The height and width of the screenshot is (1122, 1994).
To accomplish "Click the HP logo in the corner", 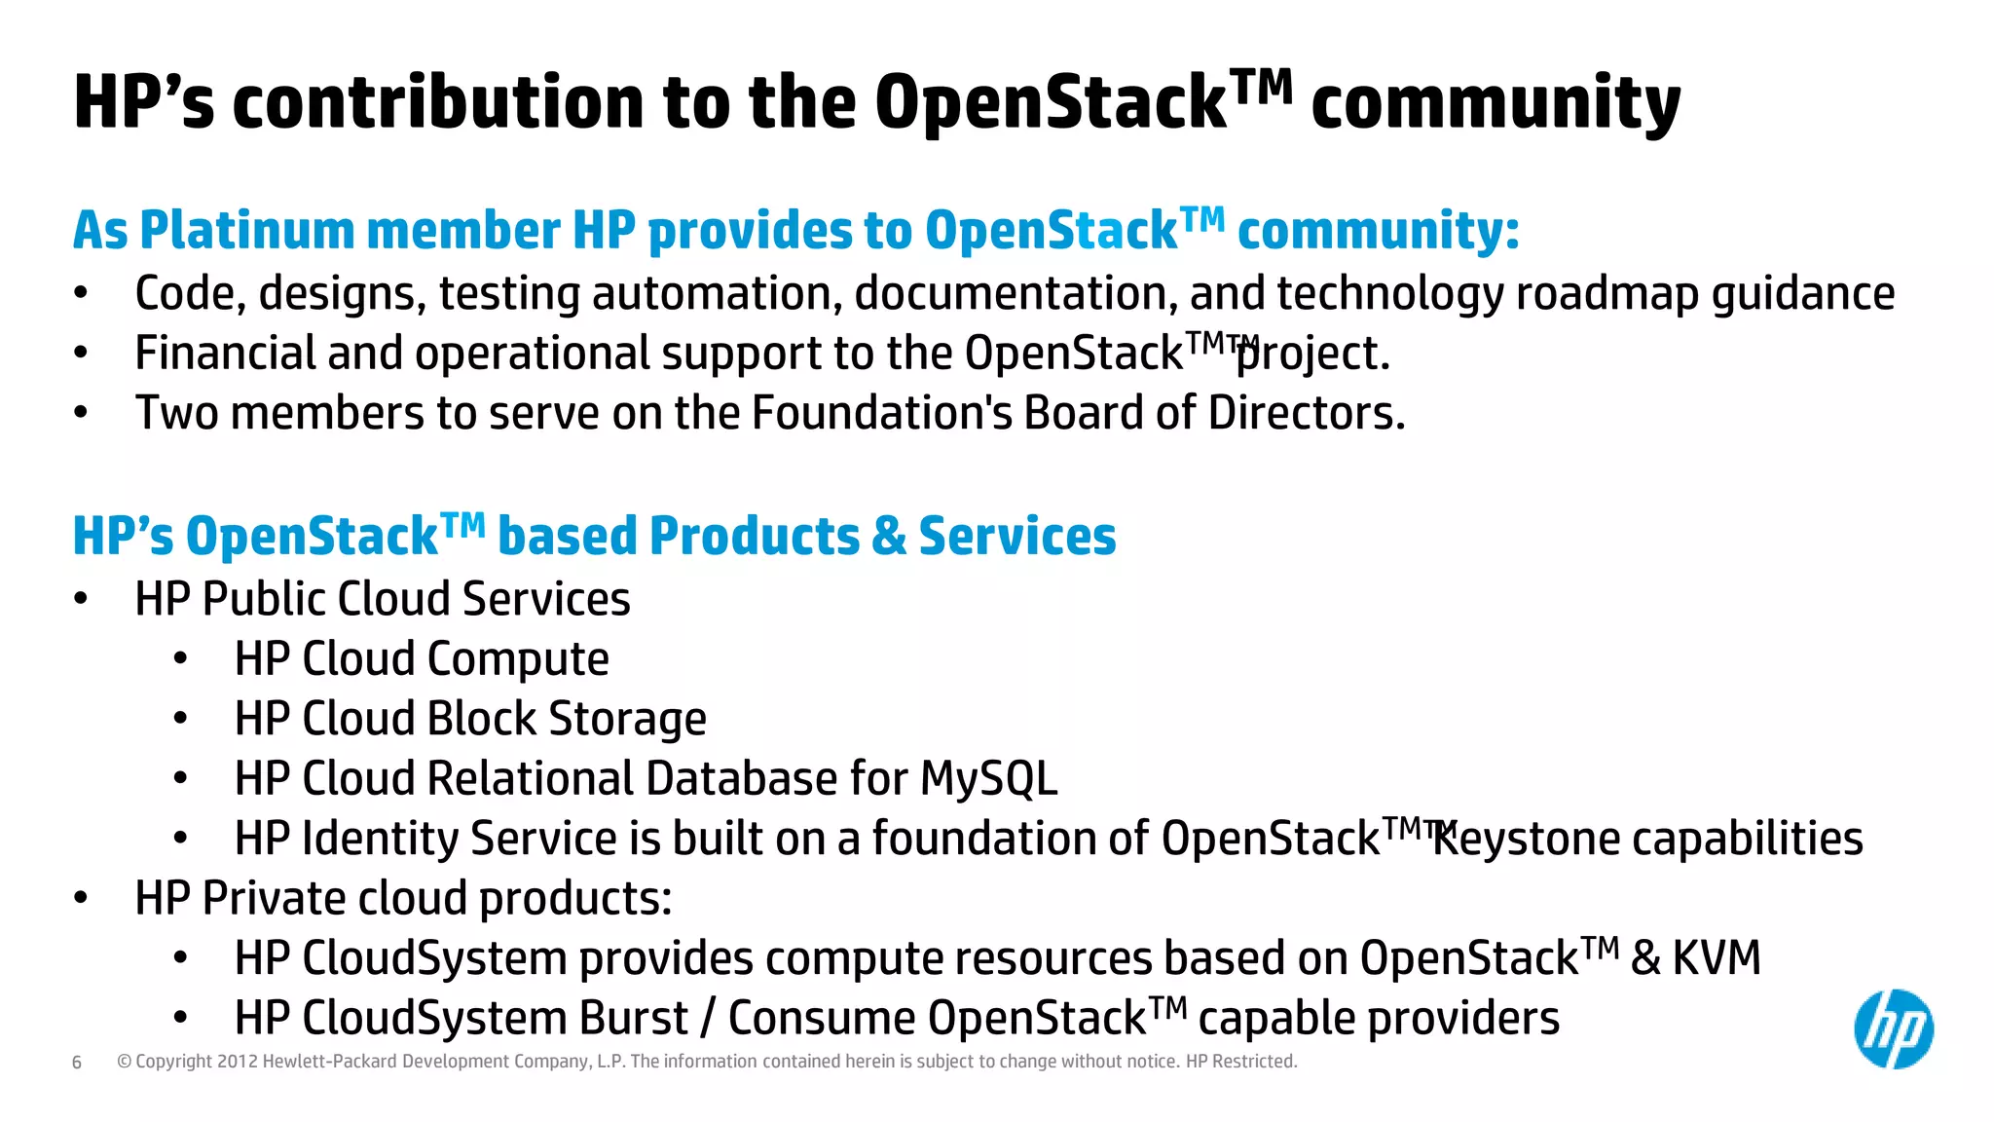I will tap(1893, 1029).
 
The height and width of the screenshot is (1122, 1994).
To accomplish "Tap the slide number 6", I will tap(77, 1063).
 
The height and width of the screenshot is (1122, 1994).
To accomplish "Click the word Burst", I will tap(633, 1019).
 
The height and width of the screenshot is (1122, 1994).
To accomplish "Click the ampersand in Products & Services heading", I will tap(888, 537).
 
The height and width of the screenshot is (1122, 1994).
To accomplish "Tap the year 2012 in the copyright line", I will tap(237, 1062).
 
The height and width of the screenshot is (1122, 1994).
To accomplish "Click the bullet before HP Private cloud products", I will tap(81, 898).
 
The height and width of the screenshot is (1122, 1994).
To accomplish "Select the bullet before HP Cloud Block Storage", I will tap(180, 720).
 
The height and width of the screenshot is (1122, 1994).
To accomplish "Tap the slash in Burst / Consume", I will tap(708, 1019).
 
